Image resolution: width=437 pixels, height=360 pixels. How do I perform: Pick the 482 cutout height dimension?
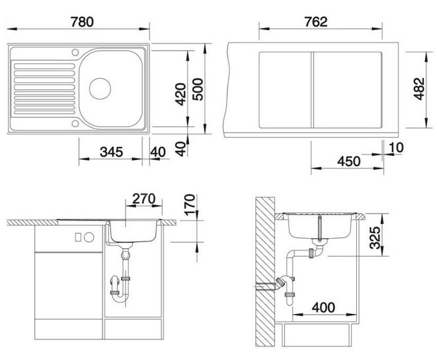tap(419, 89)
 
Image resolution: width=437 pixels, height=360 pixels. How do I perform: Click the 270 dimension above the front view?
tap(144, 198)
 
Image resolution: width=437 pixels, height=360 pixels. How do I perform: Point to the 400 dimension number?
tap(323, 308)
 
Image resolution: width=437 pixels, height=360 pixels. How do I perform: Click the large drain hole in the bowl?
tap(100, 87)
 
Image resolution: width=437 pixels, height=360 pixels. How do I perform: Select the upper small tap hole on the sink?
tap(76, 52)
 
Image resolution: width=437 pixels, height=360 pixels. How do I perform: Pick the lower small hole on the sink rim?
tap(76, 123)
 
